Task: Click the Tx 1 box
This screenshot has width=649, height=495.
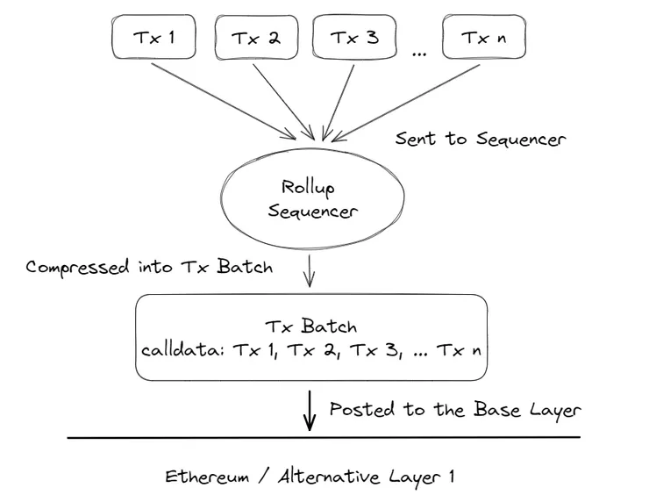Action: click(153, 37)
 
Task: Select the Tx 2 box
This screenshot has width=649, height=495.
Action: click(255, 37)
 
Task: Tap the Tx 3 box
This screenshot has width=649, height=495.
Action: click(354, 37)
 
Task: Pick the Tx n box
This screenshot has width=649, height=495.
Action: click(484, 37)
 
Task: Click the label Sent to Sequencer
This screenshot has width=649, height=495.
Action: click(480, 139)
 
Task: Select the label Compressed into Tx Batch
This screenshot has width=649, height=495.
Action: click(149, 267)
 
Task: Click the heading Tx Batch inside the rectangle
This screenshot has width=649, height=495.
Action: click(311, 326)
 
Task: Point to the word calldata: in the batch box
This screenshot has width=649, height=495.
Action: click(183, 349)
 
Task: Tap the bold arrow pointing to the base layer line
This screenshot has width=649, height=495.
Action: click(309, 411)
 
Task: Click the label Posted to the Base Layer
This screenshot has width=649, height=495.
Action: click(454, 410)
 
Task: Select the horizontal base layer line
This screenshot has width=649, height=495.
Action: click(324, 437)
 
